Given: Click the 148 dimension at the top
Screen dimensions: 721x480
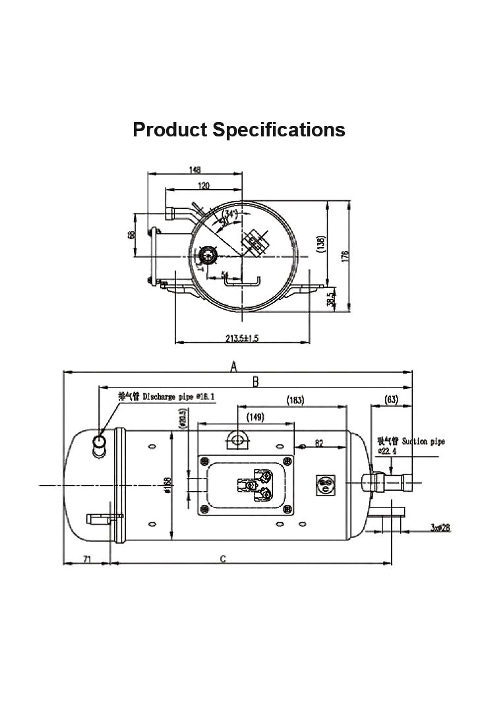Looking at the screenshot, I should point(195,169).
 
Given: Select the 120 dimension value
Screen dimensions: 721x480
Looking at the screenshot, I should point(203,187).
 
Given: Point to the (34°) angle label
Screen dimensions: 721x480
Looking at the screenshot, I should point(230,214).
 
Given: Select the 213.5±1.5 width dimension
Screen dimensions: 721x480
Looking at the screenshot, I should point(242,338).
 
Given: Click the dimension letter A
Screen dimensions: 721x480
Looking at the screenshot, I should point(233,367).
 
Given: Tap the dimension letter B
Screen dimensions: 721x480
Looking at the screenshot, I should point(256,382).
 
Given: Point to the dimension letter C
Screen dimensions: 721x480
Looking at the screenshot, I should point(223,560).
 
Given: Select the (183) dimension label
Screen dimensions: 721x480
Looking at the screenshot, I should point(295,400).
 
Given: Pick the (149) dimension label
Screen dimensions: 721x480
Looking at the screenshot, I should point(255,417).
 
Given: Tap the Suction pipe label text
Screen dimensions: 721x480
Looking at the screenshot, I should point(411,441).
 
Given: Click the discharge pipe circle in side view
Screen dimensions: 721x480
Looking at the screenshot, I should point(100,440).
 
